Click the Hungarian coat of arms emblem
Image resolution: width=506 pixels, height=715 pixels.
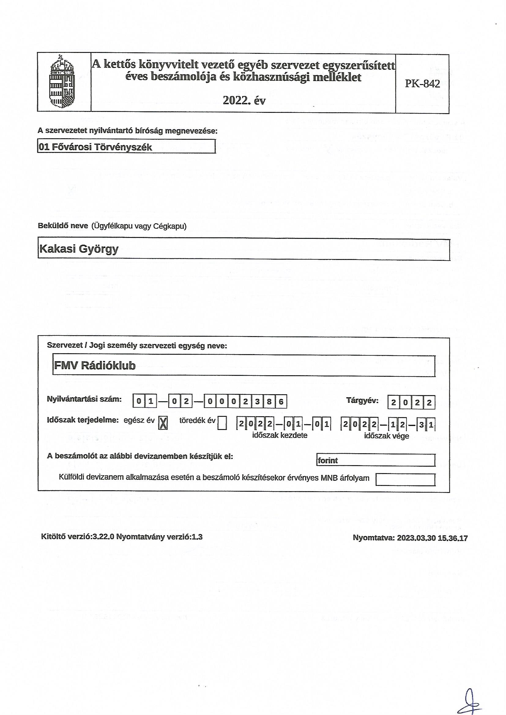click(x=62, y=81)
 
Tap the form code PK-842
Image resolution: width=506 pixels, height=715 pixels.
click(x=422, y=83)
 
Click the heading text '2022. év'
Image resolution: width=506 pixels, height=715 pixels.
click(x=244, y=101)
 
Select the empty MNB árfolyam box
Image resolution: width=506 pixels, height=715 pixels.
click(x=405, y=479)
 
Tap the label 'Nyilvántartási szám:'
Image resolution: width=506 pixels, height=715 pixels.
click(x=84, y=399)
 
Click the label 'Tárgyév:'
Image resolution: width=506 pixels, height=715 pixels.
click(x=362, y=401)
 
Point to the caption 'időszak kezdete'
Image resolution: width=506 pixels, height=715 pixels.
click(x=280, y=435)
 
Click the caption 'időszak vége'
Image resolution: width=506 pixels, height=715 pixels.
click(x=386, y=436)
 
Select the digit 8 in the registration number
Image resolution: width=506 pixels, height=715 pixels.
click(x=269, y=402)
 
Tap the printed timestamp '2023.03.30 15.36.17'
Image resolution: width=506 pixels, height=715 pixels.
click(x=432, y=538)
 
